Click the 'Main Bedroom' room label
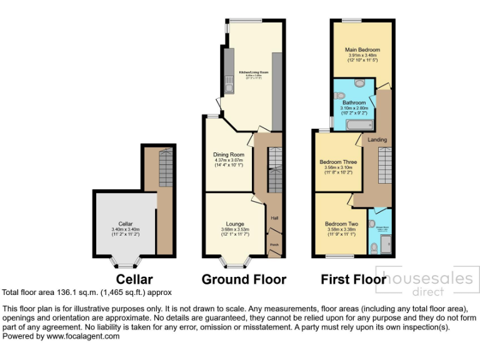(x=362, y=49)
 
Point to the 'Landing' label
(x=377, y=139)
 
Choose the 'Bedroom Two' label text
(x=341, y=224)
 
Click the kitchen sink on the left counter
(x=229, y=87)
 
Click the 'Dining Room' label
(x=228, y=154)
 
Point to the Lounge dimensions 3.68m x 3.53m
(x=235, y=229)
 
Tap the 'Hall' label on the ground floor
(x=274, y=218)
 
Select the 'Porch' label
(x=274, y=244)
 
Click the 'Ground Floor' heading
(x=244, y=279)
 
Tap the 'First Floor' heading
(x=353, y=279)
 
